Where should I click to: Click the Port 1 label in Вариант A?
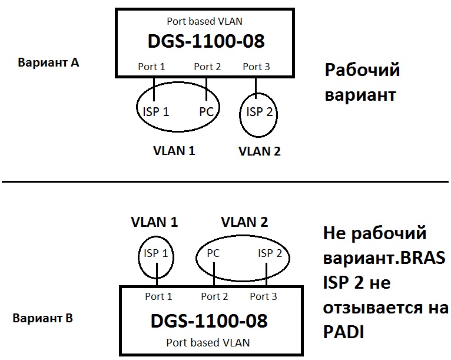tap(151, 67)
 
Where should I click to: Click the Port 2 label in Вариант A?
tap(207, 67)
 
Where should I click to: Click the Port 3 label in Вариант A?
tap(256, 67)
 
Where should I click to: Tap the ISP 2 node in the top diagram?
tap(259, 112)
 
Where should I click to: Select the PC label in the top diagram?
tap(206, 111)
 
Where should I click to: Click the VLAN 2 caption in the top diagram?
tap(259, 151)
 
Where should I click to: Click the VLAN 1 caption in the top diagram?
tap(174, 150)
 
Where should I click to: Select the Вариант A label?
tap(48, 62)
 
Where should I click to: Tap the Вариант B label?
tap(43, 319)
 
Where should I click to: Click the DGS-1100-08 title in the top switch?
tap(205, 41)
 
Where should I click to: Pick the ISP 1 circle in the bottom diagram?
tap(156, 254)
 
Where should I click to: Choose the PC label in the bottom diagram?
tap(214, 253)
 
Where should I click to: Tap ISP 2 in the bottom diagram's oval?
tap(269, 253)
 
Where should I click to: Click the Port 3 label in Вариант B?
tap(263, 296)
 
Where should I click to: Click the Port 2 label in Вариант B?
tap(214, 296)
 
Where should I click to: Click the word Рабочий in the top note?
tap(362, 71)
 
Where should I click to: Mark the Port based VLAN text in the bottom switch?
tap(207, 342)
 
